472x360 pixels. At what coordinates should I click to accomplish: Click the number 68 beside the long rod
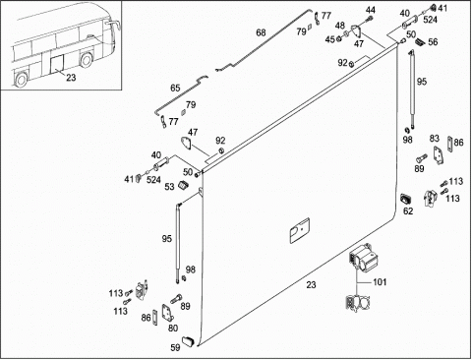pos(261,32)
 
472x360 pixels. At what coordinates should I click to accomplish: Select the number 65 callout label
pos(175,89)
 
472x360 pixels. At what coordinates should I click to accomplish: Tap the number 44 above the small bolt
pos(371,10)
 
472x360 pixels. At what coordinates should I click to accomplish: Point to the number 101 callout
pos(380,282)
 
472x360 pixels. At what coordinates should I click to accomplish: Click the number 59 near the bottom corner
pos(176,347)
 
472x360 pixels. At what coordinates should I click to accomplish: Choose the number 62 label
pos(408,211)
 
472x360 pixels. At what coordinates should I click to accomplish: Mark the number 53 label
pos(169,187)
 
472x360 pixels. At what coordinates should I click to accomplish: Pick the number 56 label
pos(433,42)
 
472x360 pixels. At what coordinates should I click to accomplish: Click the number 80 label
pos(173,329)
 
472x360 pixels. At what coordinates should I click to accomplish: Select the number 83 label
pos(435,139)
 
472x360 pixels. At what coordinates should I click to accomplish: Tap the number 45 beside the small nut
pos(330,39)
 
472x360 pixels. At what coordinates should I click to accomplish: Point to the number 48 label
pos(340,26)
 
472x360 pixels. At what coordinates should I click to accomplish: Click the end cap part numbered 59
pos(188,341)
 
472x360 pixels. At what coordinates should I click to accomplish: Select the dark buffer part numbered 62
pos(406,200)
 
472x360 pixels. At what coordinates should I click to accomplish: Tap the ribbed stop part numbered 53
pos(183,185)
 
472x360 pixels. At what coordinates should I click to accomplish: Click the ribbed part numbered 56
pos(421,41)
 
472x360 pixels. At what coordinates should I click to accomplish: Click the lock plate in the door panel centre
pos(300,230)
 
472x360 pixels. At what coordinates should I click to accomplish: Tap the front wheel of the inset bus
pos(87,60)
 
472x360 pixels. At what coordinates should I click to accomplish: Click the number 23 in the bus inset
pos(71,78)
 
